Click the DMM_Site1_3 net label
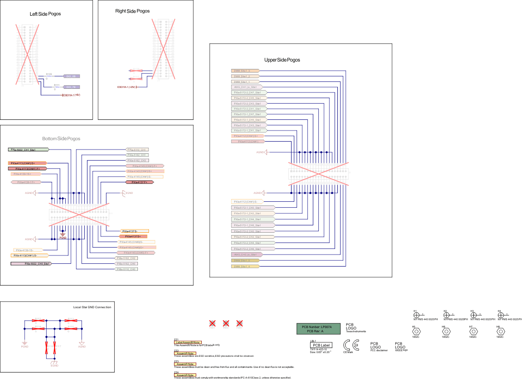244,71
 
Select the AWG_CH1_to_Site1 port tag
247,87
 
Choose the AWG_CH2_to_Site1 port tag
247,255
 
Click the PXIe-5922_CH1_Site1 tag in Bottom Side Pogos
28,150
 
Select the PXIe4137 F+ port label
139,182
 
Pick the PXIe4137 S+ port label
133,236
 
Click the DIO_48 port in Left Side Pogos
71,76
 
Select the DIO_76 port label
71,87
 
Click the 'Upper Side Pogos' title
282,60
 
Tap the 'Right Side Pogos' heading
132,11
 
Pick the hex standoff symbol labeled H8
500,332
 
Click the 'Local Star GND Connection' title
92,307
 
